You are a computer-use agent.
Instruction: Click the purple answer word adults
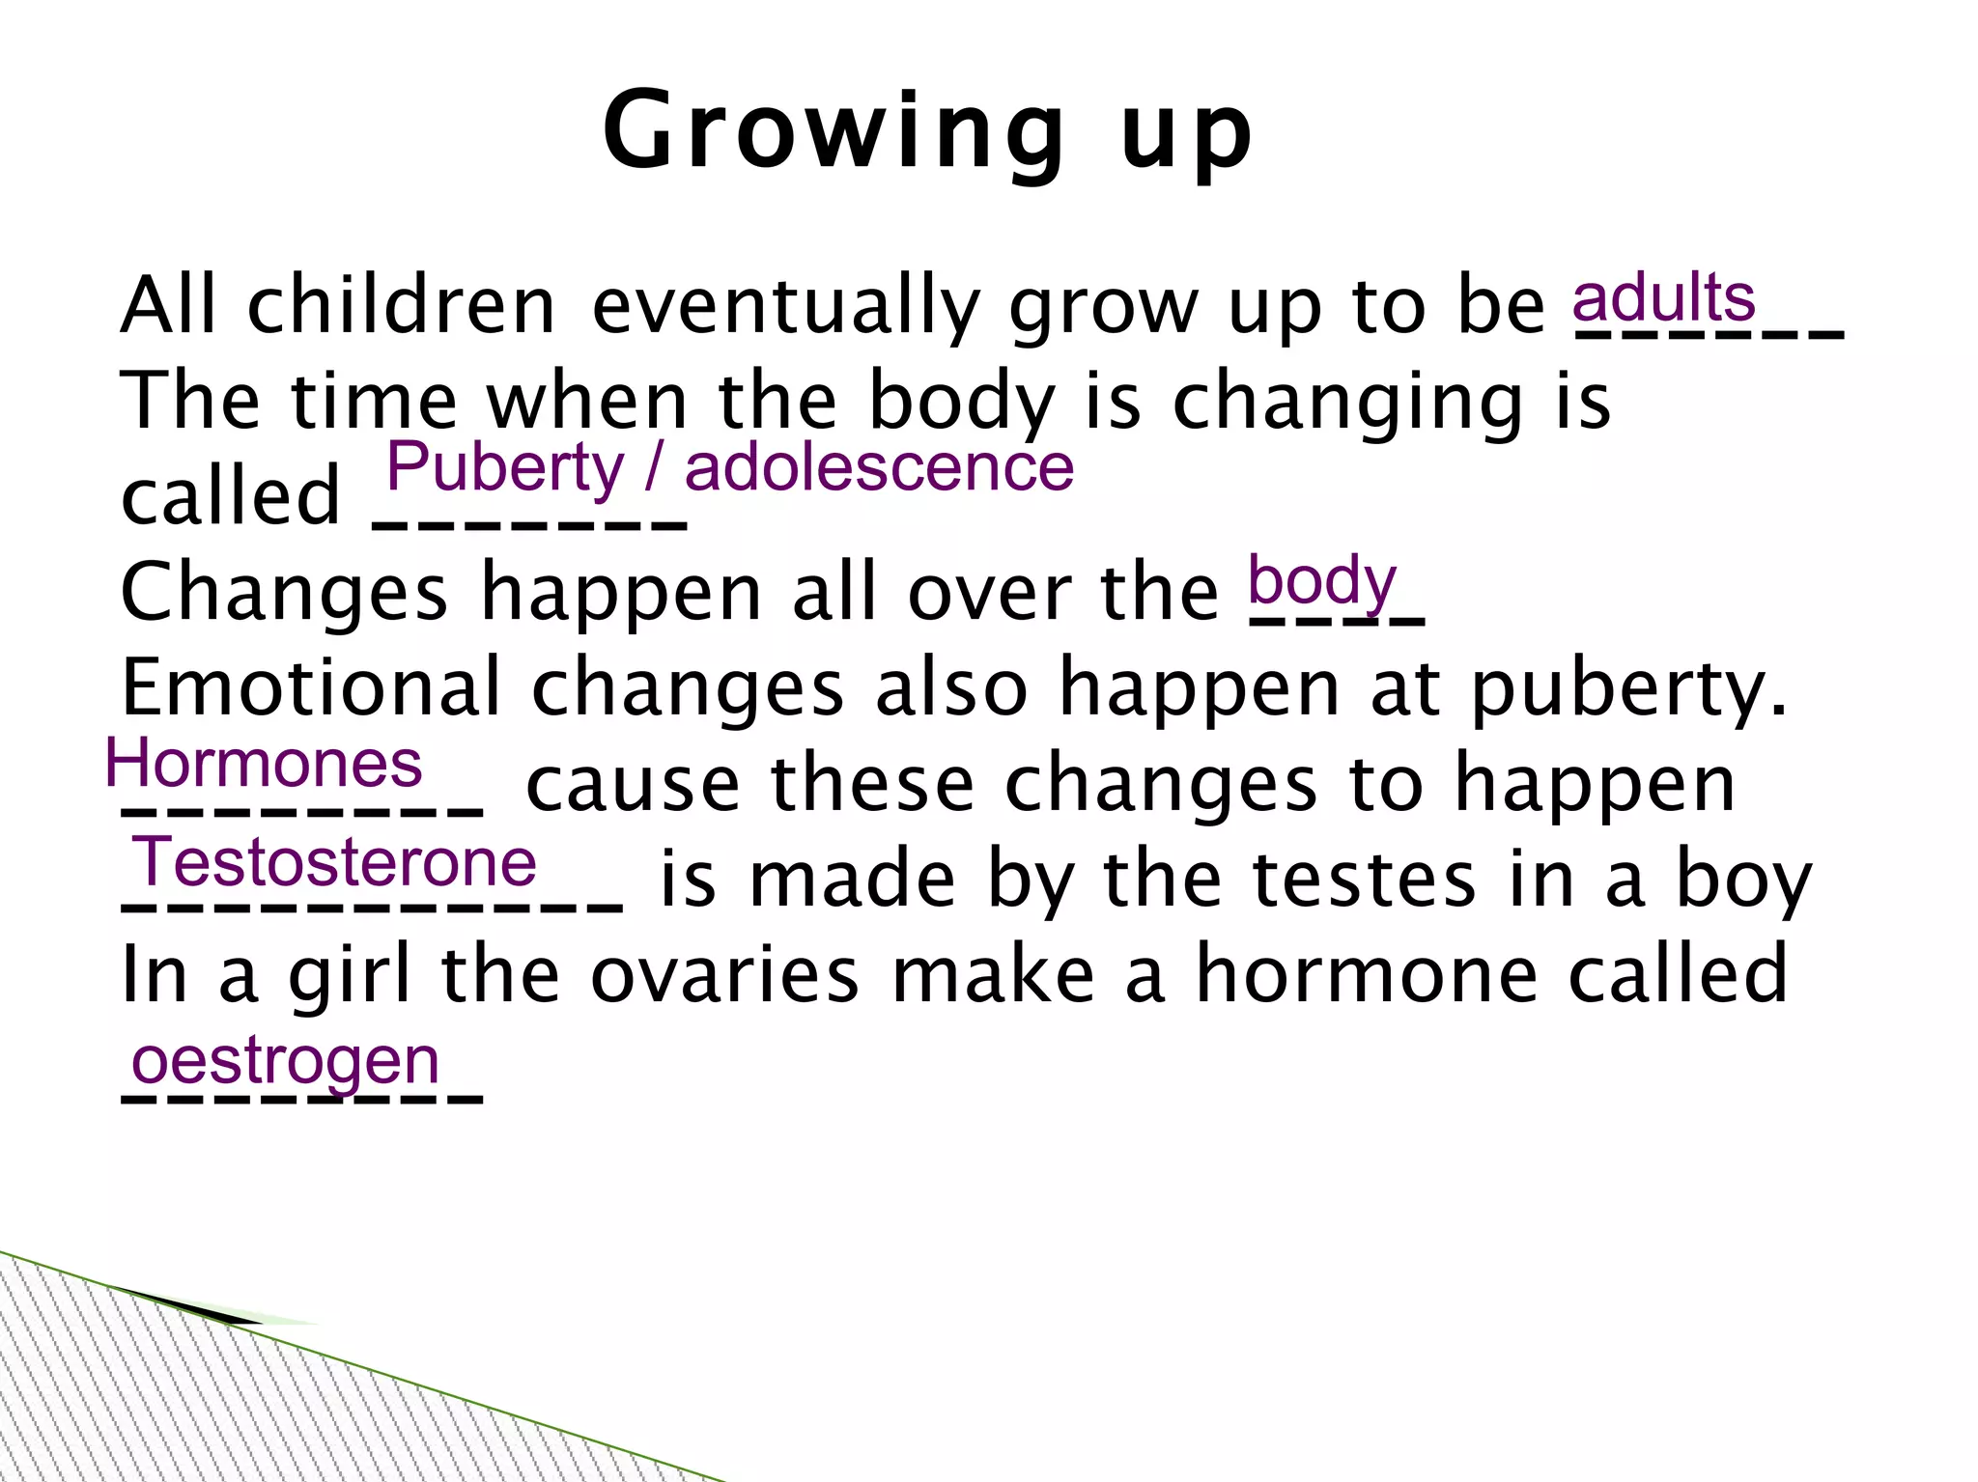1663,298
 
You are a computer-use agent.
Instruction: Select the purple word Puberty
505,468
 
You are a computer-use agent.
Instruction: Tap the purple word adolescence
879,468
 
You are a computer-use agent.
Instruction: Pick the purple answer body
1321,582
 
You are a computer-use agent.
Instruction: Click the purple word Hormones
264,764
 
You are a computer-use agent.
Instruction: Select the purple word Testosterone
334,862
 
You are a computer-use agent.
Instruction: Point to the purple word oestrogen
286,1061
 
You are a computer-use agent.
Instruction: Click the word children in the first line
401,305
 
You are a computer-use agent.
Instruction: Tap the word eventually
785,307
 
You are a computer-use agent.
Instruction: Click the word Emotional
311,687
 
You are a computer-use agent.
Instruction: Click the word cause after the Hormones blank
632,784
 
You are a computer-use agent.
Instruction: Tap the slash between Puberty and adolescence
654,468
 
